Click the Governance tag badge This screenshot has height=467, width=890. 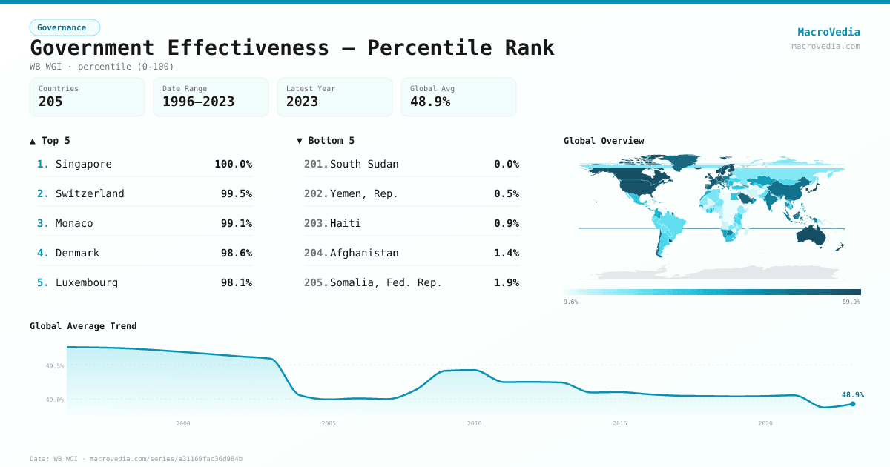(65, 28)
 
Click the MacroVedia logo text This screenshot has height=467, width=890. (828, 32)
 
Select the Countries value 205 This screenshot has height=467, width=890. (50, 102)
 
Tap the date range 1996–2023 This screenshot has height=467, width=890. (198, 102)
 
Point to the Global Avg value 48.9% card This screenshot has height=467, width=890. (458, 97)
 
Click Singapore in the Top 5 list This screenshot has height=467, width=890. (83, 164)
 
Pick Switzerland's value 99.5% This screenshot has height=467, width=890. (236, 193)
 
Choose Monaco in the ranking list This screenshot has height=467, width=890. (74, 223)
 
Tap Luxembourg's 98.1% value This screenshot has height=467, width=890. (236, 282)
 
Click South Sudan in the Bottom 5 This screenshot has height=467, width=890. (363, 164)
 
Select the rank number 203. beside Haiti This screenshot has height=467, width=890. (315, 223)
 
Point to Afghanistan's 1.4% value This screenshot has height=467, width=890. (506, 253)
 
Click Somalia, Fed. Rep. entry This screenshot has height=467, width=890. (386, 282)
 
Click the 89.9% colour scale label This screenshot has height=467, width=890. (851, 302)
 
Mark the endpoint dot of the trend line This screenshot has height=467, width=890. (853, 404)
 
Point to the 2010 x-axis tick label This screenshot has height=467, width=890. (474, 423)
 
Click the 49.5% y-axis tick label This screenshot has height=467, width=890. (54, 365)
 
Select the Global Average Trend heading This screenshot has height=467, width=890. (83, 326)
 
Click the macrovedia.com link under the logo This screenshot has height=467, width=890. (825, 46)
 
